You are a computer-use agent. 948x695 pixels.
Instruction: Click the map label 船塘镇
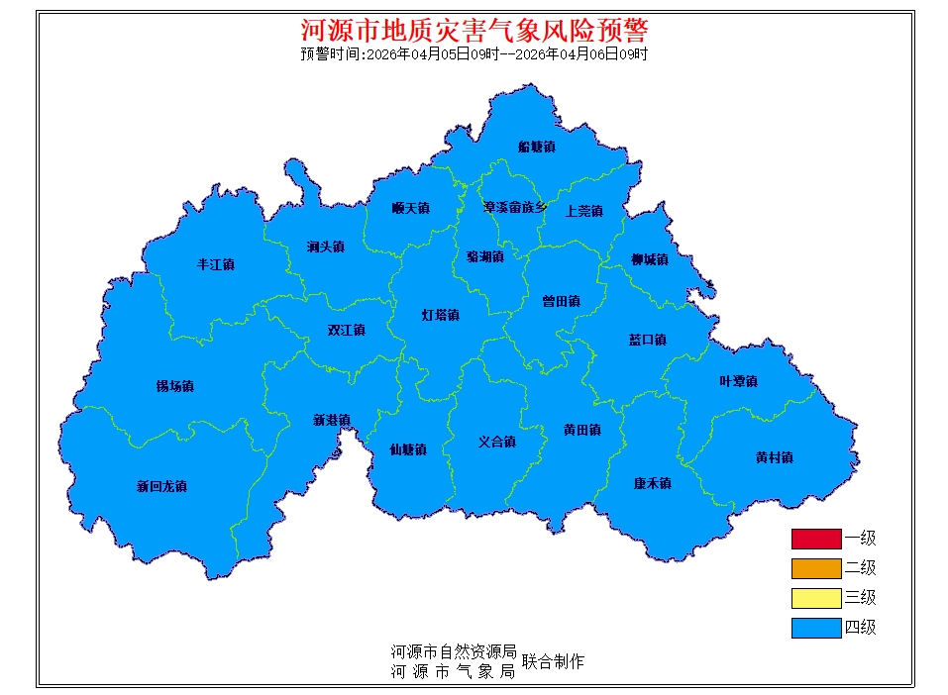tap(536, 147)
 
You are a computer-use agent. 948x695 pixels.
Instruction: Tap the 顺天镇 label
tap(410, 208)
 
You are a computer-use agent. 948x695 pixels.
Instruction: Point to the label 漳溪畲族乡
tap(514, 208)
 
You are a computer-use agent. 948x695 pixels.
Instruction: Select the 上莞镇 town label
tap(583, 211)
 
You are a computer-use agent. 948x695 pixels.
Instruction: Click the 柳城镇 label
tap(649, 259)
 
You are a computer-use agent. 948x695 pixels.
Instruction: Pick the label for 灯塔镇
tap(440, 315)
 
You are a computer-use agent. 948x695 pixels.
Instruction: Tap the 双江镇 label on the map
tap(347, 330)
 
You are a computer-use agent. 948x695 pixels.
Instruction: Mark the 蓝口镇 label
tap(647, 340)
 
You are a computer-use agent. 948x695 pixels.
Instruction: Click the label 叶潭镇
tap(738, 381)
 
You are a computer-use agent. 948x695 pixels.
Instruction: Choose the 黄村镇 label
tap(774, 457)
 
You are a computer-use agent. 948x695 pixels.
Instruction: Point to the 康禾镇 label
tap(653, 483)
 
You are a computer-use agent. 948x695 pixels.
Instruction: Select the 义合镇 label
tap(496, 442)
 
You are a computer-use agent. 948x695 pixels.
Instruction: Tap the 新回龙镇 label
tap(161, 486)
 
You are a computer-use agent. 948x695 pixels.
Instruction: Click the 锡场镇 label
tap(174, 386)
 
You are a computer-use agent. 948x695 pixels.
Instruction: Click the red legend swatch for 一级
tap(815, 539)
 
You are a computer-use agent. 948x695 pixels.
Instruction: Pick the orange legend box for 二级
tap(815, 568)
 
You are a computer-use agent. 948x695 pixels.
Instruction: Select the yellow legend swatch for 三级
tap(815, 598)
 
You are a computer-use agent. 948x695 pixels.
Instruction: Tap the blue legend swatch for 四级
tap(815, 627)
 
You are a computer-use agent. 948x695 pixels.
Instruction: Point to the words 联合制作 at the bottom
tap(553, 661)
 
